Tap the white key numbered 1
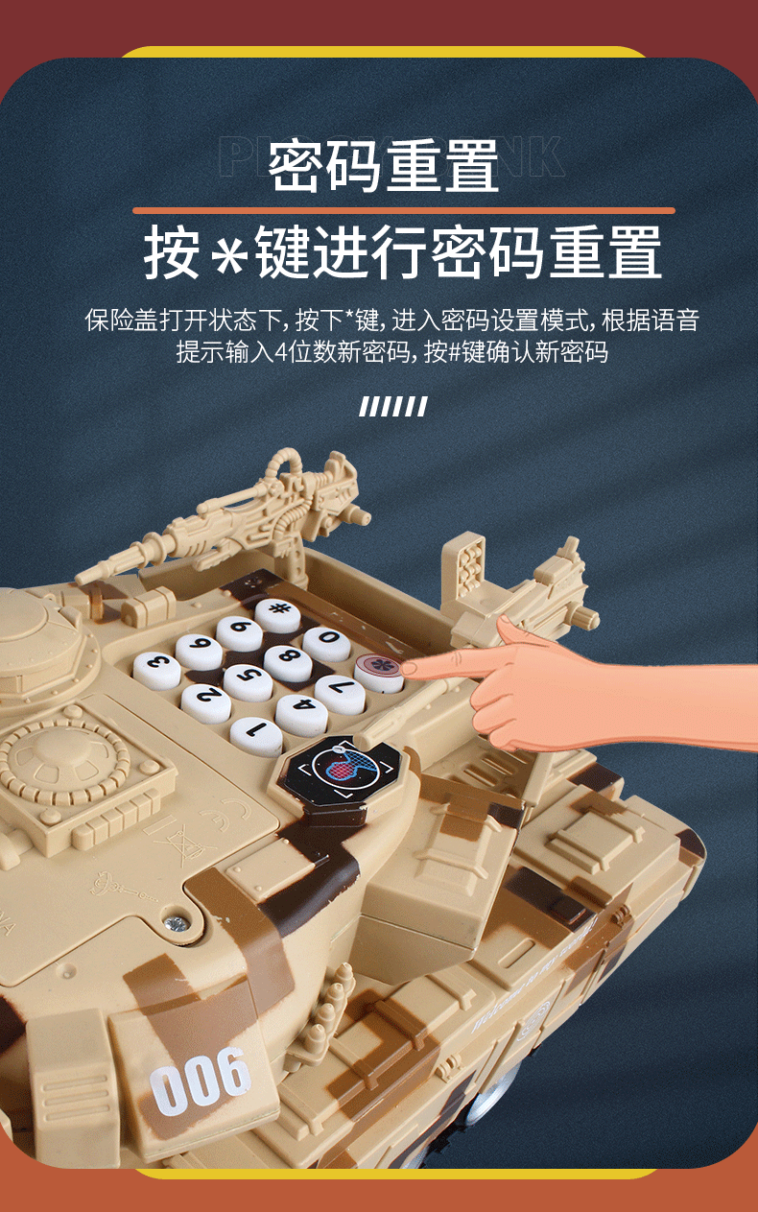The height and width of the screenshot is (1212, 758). (x=256, y=737)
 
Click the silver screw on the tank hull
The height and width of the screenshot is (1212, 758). (x=175, y=924)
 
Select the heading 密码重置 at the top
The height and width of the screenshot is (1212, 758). (x=384, y=165)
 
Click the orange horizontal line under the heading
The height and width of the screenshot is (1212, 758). (x=403, y=210)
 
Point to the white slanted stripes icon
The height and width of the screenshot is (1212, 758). (x=392, y=407)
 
